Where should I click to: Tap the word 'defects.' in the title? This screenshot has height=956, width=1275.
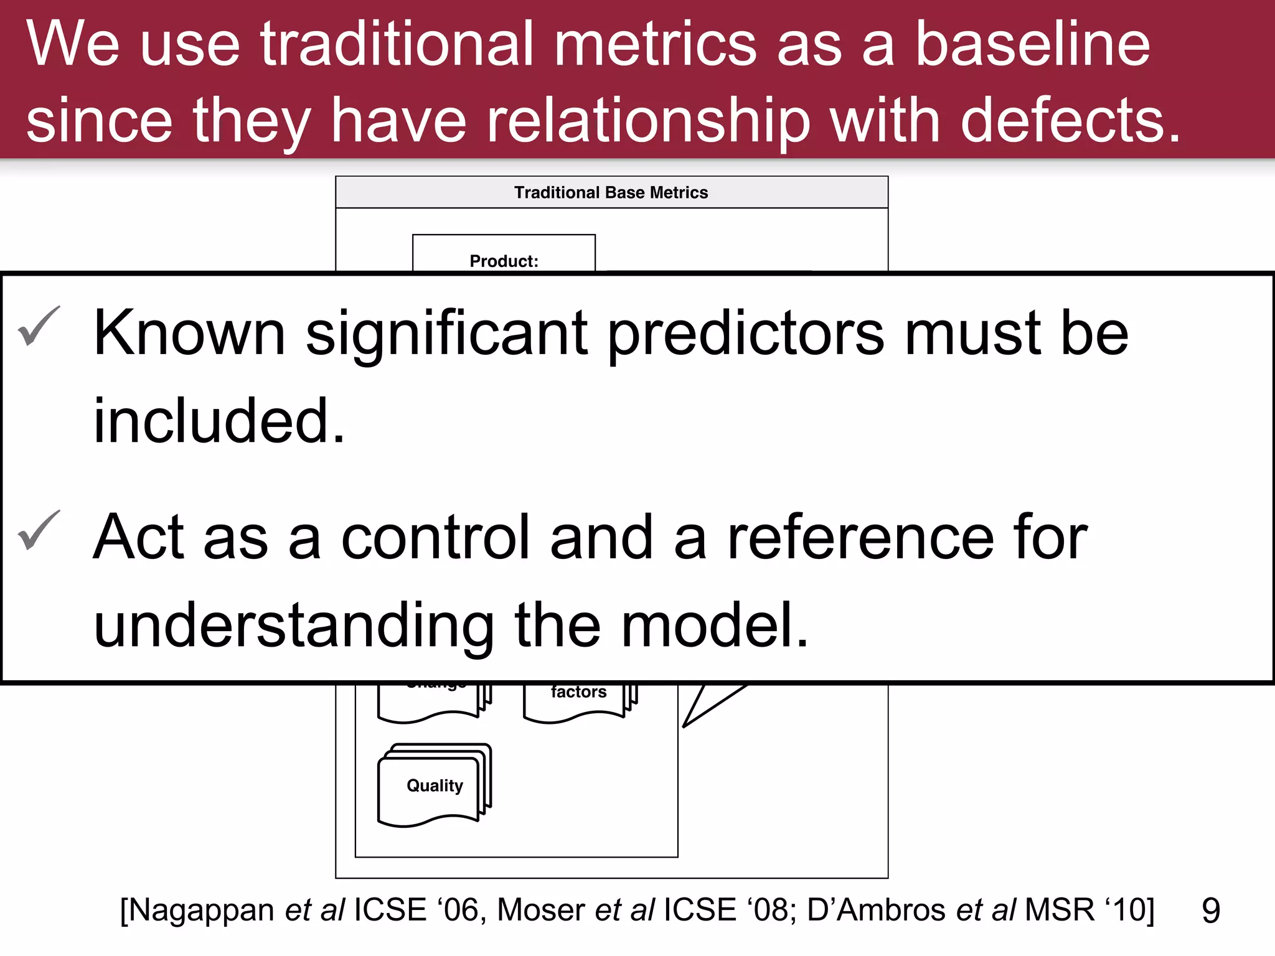pyautogui.click(x=1070, y=120)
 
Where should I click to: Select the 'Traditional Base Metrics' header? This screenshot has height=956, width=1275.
pyautogui.click(x=611, y=192)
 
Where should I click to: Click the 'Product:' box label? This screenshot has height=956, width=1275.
pyautogui.click(x=504, y=261)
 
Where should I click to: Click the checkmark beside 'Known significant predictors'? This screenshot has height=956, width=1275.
pyautogui.click(x=39, y=326)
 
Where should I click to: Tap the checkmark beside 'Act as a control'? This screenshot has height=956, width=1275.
pyautogui.click(x=39, y=530)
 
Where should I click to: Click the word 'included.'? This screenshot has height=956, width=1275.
pyautogui.click(x=219, y=421)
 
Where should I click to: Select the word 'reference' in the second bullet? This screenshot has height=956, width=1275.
pyautogui.click(x=860, y=538)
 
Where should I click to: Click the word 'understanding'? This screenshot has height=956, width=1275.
pyautogui.click(x=293, y=626)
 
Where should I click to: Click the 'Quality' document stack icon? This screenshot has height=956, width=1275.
pyautogui.click(x=435, y=785)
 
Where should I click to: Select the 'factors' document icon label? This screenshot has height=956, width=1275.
pyautogui.click(x=578, y=692)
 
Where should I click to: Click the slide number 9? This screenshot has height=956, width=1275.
pyautogui.click(x=1210, y=911)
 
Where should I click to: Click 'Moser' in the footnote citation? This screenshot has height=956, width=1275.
pyautogui.click(x=541, y=910)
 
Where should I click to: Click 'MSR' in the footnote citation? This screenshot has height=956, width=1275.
pyautogui.click(x=1059, y=910)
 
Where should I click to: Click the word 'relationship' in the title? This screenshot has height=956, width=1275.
pyautogui.click(x=648, y=120)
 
